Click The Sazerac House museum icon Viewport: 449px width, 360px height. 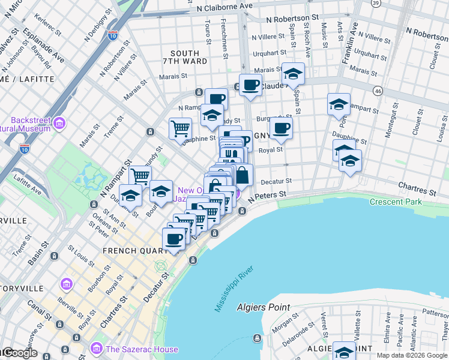(96, 349)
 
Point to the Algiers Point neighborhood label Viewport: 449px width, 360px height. (263, 307)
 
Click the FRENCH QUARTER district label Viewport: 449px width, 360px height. (128, 250)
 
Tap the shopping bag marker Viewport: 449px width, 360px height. (242, 175)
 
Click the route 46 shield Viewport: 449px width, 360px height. (377, 91)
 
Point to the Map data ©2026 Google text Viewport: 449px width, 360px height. (412, 355)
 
